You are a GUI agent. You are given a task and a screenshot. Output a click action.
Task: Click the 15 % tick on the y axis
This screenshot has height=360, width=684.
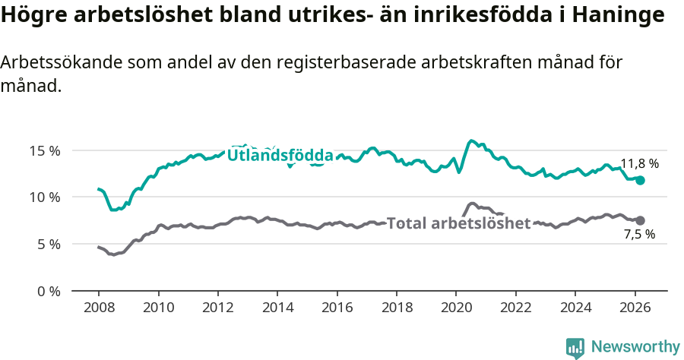click(x=45, y=150)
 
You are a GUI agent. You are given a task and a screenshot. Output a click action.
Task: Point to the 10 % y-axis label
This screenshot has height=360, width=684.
click(x=45, y=197)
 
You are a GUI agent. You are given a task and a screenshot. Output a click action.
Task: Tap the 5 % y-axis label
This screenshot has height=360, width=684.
click(x=48, y=245)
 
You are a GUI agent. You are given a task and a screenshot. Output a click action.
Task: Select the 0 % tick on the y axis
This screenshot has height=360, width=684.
click(x=48, y=291)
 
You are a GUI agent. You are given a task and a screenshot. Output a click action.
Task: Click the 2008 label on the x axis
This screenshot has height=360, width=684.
click(x=99, y=309)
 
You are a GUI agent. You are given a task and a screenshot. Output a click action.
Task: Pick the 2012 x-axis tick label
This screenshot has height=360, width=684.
click(x=218, y=309)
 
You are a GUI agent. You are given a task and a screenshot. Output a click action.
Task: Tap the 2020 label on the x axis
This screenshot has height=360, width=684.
click(x=456, y=309)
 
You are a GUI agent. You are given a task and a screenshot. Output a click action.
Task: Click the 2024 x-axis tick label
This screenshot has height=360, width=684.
click(x=575, y=309)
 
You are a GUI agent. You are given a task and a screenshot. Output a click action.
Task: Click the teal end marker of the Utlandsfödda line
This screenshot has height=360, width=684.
click(x=640, y=181)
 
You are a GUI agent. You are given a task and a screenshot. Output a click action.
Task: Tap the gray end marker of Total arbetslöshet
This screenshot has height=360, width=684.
click(x=640, y=220)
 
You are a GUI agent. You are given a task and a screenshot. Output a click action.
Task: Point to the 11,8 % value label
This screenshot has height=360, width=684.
click(x=639, y=163)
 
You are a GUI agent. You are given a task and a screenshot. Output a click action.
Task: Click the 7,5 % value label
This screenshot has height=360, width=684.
click(x=639, y=235)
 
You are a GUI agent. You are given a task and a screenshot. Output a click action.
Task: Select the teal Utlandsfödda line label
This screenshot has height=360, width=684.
click(x=280, y=156)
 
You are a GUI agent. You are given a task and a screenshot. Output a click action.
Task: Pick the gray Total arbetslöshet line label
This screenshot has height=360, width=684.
click(x=458, y=223)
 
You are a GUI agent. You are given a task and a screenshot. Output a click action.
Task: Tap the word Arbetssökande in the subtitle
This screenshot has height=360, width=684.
click(x=52, y=63)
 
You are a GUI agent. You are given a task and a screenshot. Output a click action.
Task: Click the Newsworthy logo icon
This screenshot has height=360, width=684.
click(x=575, y=347)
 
